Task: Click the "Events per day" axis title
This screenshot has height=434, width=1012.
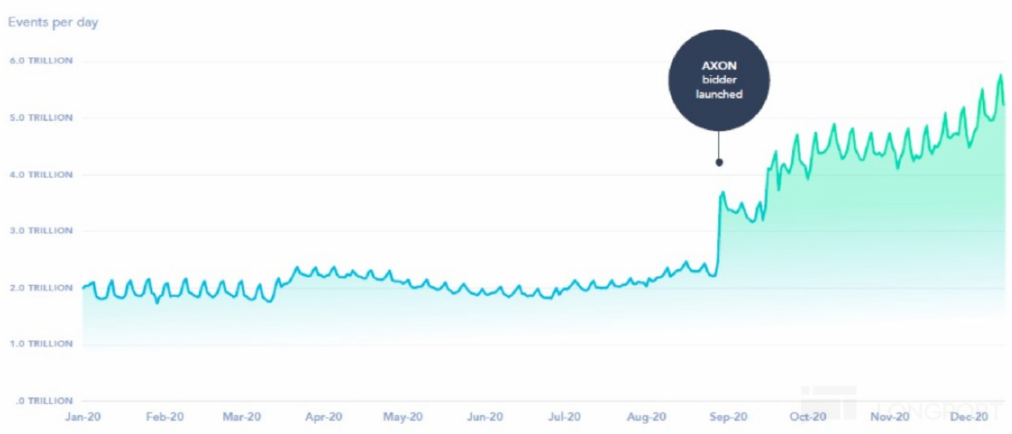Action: (53, 23)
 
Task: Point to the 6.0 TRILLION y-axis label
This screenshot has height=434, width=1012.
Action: (40, 60)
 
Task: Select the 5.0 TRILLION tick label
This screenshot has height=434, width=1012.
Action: (40, 117)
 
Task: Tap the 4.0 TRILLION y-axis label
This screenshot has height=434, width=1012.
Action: (40, 174)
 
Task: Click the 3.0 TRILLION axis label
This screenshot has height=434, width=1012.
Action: (40, 231)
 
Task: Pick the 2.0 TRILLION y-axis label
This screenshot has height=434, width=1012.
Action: (40, 288)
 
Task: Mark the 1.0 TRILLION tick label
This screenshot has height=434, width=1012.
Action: (40, 344)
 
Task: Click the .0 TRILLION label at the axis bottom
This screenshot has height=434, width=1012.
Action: (40, 401)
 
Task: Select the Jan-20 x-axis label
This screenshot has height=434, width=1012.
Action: (82, 416)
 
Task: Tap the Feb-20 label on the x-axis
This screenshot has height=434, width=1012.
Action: (164, 416)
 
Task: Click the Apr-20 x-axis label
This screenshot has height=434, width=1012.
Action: (324, 416)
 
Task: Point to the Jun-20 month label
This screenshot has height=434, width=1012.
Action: (485, 416)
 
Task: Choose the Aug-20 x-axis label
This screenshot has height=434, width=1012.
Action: (647, 416)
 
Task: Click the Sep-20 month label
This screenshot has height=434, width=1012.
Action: (727, 416)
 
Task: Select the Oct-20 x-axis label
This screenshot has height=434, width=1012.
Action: (808, 416)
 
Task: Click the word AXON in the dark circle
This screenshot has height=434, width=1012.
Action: (719, 65)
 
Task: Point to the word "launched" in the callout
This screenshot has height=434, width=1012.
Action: (719, 94)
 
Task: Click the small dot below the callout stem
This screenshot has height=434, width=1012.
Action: (719, 162)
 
